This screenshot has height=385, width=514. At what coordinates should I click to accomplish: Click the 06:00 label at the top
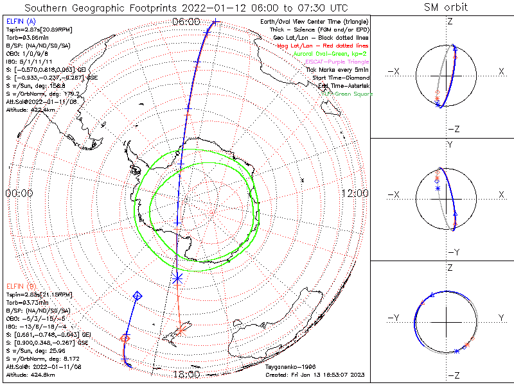click(x=187, y=21)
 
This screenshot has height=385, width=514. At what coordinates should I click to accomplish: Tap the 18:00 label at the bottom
click(x=187, y=374)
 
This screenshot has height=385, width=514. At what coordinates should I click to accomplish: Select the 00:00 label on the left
click(x=19, y=193)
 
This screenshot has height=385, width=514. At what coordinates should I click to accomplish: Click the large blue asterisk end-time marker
click(x=177, y=278)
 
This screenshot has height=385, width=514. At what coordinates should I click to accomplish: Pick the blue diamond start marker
click(x=137, y=296)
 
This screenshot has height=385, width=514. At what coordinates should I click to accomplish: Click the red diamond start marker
click(x=125, y=338)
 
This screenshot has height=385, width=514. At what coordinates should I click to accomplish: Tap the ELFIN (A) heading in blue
click(x=21, y=21)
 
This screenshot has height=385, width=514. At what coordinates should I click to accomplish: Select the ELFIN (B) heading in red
click(x=21, y=285)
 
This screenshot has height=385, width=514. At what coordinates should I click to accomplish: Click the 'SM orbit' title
click(x=446, y=8)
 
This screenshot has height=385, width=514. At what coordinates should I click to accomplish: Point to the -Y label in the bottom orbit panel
click(x=395, y=318)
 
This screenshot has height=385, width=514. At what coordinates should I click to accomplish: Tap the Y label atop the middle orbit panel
click(x=450, y=145)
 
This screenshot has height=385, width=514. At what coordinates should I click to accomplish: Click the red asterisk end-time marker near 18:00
click(x=182, y=331)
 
